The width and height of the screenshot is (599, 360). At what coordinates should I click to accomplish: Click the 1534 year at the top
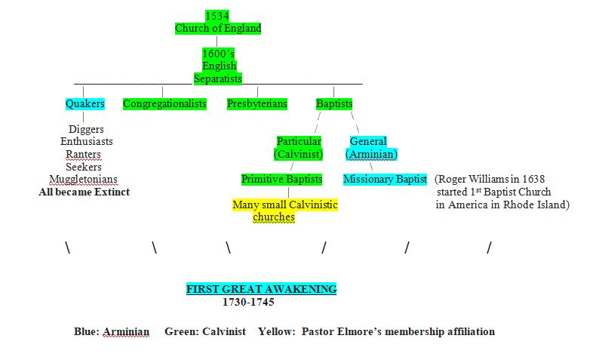217,16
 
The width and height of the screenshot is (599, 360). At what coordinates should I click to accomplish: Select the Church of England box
217,29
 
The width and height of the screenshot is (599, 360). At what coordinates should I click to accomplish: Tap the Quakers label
84,103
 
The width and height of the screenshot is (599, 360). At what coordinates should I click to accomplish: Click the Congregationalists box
164,103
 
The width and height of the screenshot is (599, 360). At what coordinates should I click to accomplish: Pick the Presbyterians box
257,103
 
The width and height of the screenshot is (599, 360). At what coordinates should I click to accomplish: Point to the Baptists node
334,103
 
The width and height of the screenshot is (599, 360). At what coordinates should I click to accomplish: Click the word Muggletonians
84,179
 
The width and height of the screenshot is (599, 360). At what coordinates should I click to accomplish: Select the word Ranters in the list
84,154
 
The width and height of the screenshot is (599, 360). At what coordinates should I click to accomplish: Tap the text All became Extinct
84,192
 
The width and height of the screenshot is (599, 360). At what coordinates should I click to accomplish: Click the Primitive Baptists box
281,179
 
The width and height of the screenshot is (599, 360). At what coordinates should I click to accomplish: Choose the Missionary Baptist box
385,179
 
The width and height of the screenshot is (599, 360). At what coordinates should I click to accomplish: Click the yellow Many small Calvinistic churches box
284,211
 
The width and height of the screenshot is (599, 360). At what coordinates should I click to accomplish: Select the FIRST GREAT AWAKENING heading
262,289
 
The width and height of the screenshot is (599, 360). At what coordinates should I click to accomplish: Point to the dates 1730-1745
247,302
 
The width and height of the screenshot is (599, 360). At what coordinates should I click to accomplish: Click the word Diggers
86,129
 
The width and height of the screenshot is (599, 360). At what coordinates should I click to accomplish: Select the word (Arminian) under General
371,154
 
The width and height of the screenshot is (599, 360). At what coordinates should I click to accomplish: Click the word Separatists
218,78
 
